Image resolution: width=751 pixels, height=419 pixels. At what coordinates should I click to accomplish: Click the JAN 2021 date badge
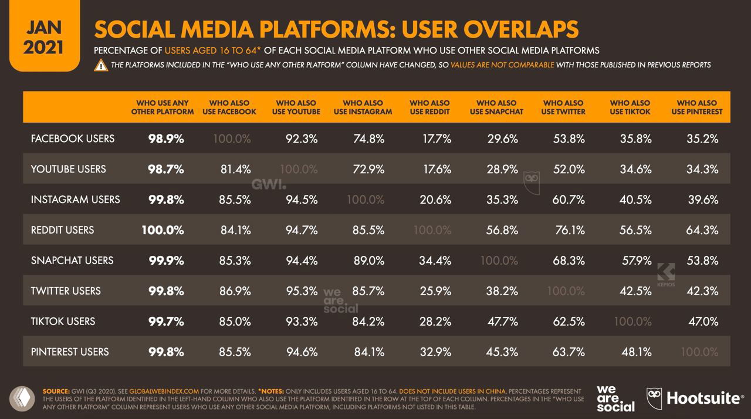tap(43, 37)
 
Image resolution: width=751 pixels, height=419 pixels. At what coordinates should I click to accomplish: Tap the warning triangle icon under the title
tap(101, 65)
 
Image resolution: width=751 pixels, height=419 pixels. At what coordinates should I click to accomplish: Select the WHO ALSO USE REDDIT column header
tap(429, 107)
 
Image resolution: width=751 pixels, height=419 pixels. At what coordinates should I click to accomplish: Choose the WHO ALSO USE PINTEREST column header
tap(696, 107)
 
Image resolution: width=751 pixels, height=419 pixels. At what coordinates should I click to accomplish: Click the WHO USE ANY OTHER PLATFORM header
tap(163, 107)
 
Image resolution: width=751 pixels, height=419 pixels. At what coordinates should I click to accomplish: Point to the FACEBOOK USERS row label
tap(73, 138)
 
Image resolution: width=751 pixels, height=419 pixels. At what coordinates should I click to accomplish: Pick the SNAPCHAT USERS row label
tap(72, 260)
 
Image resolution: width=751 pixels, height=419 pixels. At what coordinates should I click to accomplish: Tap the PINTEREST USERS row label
tap(70, 352)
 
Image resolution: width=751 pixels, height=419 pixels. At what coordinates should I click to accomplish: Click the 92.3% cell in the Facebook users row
tap(302, 138)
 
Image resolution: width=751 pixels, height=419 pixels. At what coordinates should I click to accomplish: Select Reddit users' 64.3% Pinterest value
tap(702, 230)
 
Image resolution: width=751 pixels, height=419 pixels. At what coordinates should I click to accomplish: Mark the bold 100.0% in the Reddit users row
tap(163, 230)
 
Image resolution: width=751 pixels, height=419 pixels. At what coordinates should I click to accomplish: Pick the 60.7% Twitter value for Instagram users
tap(569, 200)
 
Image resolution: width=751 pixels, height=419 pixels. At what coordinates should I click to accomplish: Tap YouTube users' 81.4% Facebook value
tap(235, 169)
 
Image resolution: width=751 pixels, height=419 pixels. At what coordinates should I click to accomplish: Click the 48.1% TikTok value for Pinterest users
tap(635, 352)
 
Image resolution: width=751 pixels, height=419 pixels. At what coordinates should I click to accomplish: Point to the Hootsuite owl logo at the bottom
tap(654, 398)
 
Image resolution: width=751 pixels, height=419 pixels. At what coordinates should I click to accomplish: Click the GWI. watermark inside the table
tap(269, 184)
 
